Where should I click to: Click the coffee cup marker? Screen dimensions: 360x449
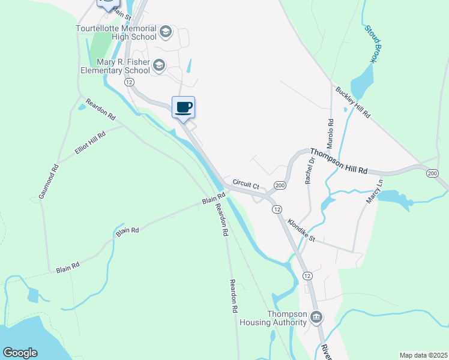(184, 107)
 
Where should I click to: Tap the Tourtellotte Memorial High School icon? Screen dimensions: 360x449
(166, 31)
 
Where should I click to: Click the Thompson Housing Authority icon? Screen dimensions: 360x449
(316, 317)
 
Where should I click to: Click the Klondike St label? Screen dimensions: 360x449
(301, 229)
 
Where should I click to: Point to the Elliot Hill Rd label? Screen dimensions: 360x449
(90, 144)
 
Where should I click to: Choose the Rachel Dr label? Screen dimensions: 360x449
(310, 171)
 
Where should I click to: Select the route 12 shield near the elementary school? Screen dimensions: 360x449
(128, 82)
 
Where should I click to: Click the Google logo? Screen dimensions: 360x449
(20, 352)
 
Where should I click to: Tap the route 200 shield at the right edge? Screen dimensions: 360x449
(432, 173)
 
